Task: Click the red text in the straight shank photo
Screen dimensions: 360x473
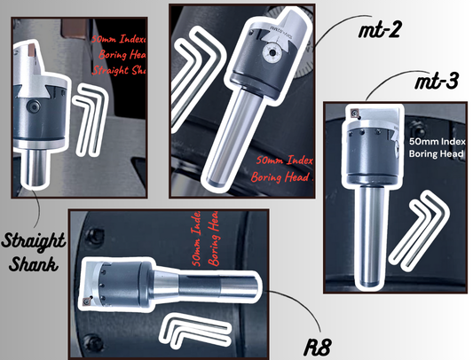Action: pyautogui.click(x=119, y=58)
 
